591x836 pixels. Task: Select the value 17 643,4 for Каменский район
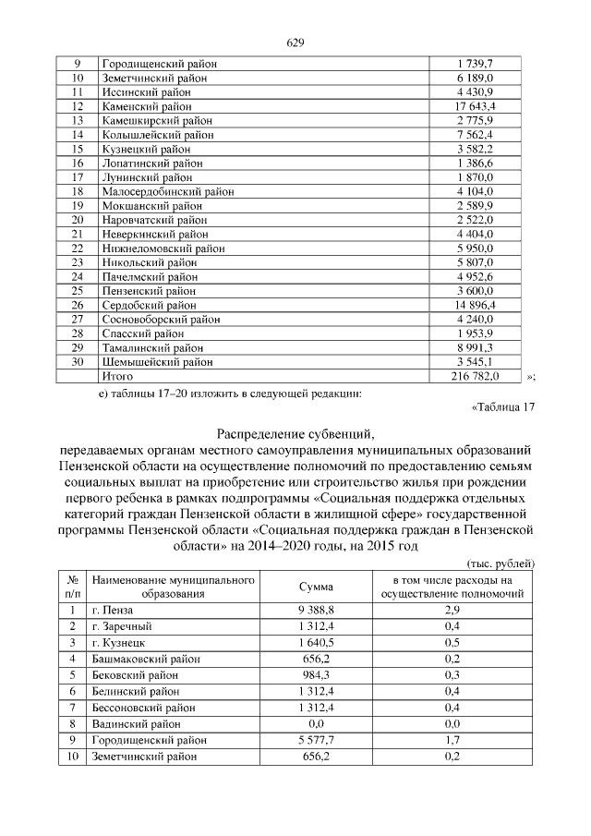coord(475,106)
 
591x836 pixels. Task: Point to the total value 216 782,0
coord(475,376)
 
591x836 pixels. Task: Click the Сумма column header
coord(316,587)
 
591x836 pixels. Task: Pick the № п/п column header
coord(71,587)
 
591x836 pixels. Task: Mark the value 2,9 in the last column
coord(452,610)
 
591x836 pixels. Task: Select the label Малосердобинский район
coord(165,191)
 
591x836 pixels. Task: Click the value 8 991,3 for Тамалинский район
coord(475,347)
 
